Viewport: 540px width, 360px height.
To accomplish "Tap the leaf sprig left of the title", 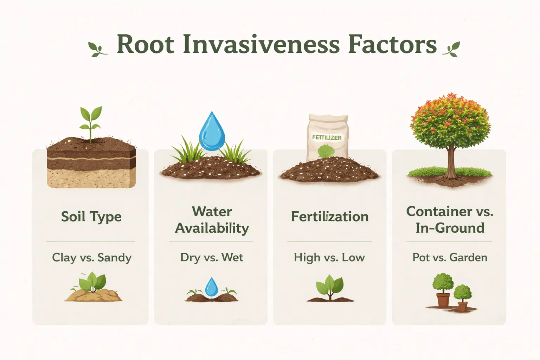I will coord(97,49).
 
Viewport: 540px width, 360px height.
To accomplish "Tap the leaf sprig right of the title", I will coord(451,49).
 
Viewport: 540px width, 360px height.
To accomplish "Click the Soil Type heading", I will coord(91,217).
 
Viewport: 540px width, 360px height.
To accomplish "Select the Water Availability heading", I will coord(212,220).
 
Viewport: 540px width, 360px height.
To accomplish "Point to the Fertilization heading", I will coord(329,217).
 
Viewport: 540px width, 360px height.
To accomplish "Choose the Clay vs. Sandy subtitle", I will coord(91,257).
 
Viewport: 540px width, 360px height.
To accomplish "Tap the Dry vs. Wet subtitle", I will coord(212,257).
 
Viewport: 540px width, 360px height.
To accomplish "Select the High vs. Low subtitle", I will coord(329,257).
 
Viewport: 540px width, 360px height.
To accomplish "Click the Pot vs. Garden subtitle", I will coord(450,257).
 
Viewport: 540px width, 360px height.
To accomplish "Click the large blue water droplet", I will coord(212,132).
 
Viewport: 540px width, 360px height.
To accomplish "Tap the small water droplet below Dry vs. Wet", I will coord(211,287).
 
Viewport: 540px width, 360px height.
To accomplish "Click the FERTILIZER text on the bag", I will coord(327,137).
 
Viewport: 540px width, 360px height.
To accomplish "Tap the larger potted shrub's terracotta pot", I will coord(443,300).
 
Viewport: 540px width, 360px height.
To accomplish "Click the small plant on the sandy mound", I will coord(92,283).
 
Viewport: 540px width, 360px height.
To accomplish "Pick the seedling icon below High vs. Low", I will coord(329,287).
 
